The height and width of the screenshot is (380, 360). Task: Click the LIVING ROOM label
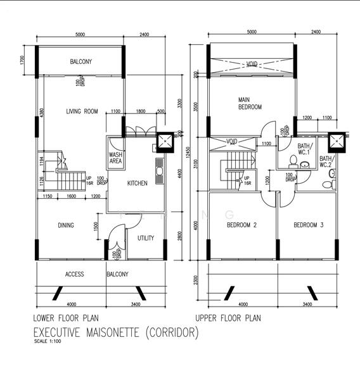82,111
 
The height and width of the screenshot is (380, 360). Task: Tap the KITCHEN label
137,184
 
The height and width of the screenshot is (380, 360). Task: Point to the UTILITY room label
146,239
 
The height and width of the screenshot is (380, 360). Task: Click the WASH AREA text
116,158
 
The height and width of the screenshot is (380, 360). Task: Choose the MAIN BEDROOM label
249,103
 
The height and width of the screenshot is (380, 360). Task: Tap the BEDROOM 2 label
241,225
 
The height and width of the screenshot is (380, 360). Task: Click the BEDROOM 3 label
309,225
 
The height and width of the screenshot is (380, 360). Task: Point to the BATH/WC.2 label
326,161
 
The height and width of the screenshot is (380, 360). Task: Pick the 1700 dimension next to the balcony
22,61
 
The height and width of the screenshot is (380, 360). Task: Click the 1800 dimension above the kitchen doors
141,111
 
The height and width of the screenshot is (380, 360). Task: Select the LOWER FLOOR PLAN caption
65,318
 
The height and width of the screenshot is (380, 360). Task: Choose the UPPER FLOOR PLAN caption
228,318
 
